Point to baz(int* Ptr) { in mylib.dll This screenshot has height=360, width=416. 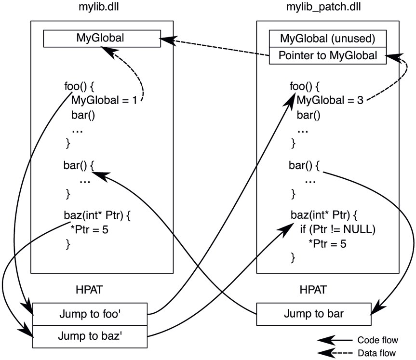click(97, 215)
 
